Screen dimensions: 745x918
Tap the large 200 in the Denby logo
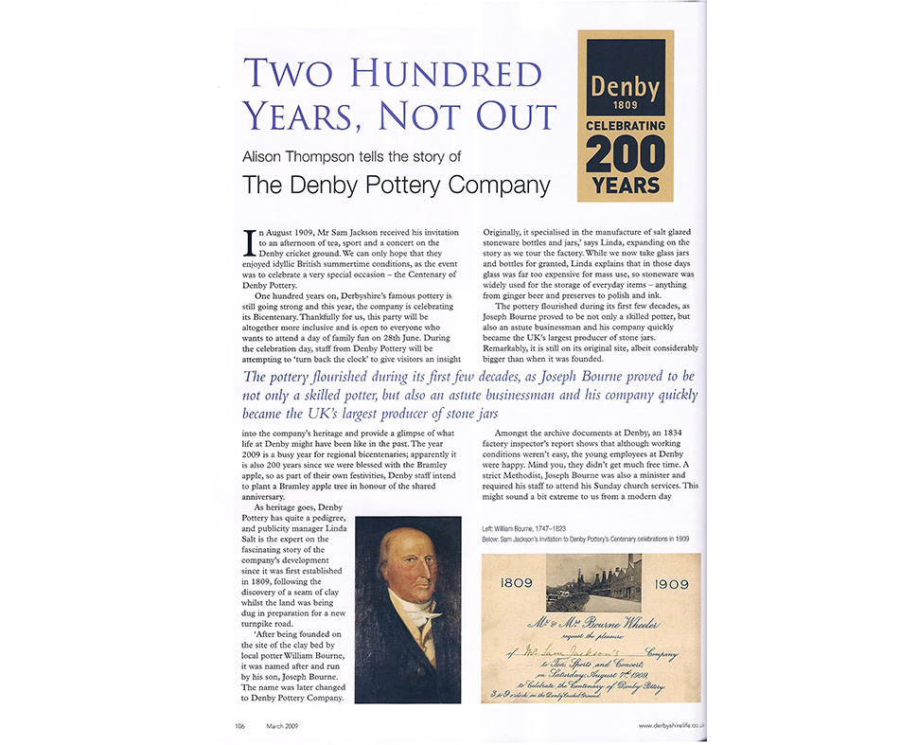pyautogui.click(x=626, y=152)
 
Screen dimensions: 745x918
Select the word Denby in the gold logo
pyautogui.click(x=626, y=86)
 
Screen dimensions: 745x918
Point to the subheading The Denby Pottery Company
pyautogui.click(x=397, y=184)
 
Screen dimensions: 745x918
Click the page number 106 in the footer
pyautogui.click(x=240, y=725)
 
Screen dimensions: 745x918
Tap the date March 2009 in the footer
pyautogui.click(x=283, y=725)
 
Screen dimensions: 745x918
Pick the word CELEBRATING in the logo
pyautogui.click(x=626, y=125)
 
